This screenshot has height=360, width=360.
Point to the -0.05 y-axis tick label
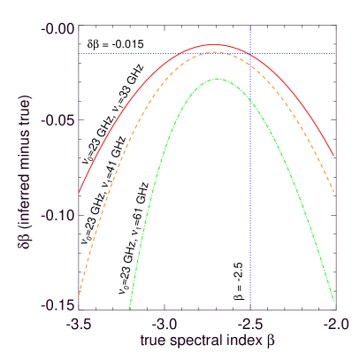pos(58,121)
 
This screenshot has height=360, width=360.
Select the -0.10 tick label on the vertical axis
pos(58,215)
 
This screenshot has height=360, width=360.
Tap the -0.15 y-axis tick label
pos(58,306)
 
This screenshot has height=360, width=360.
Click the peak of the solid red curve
pos(213,44)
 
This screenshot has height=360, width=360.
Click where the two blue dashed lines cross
pos(250,54)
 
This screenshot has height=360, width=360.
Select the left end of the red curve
pos(80,192)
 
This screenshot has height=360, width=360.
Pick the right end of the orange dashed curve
pos(334,192)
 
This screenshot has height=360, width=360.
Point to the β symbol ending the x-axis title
pos(275,340)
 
